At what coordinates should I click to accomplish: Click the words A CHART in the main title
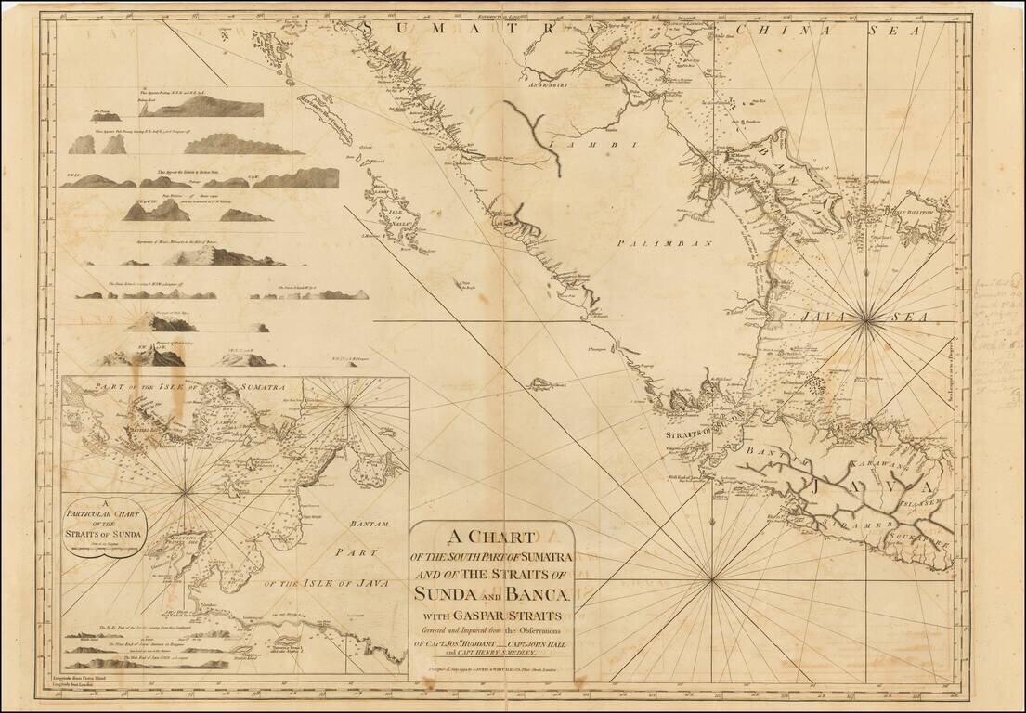(493, 538)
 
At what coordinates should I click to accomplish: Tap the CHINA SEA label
(799, 29)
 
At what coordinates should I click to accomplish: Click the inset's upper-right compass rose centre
(348, 404)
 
